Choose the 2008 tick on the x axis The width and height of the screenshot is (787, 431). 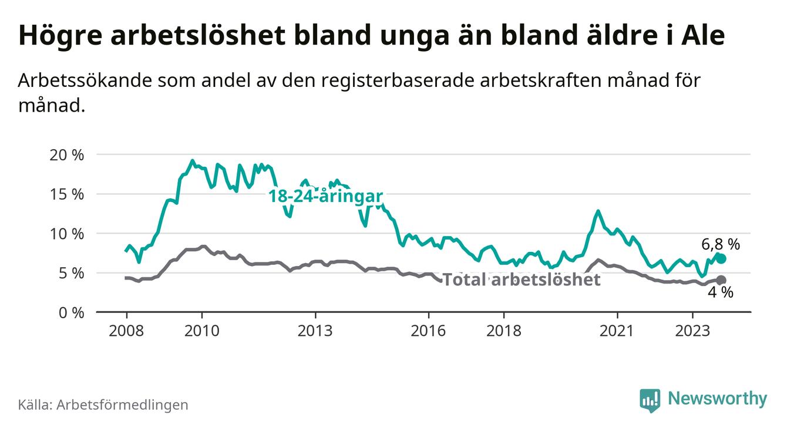pyautogui.click(x=126, y=331)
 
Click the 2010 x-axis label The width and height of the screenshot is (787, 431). pyautogui.click(x=201, y=331)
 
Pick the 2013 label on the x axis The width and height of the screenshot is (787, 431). pyautogui.click(x=315, y=331)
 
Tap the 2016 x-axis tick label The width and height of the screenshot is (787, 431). pyautogui.click(x=428, y=331)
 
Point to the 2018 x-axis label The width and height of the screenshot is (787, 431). pyautogui.click(x=504, y=331)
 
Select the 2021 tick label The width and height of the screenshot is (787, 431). pyautogui.click(x=617, y=331)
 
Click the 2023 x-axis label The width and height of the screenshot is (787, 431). pyautogui.click(x=692, y=331)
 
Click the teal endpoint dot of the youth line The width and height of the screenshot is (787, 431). pyautogui.click(x=721, y=259)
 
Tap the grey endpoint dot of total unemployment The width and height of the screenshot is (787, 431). pyautogui.click(x=721, y=280)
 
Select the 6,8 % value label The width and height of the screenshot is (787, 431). pyautogui.click(x=720, y=244)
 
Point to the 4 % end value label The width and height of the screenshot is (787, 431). pyautogui.click(x=720, y=293)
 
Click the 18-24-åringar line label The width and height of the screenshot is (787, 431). pyautogui.click(x=326, y=196)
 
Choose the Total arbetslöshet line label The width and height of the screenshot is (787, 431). pyautogui.click(x=521, y=280)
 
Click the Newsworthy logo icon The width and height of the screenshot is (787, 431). pyautogui.click(x=650, y=400)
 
